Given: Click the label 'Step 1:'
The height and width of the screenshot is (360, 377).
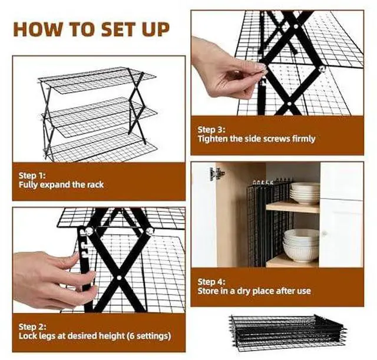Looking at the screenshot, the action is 32,176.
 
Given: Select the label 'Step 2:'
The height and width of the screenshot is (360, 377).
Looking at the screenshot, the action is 33,326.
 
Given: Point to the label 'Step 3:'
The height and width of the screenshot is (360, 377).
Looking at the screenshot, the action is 211,130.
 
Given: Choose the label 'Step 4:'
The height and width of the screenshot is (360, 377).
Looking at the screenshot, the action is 211,282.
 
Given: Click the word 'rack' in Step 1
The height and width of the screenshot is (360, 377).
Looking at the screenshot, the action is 95,184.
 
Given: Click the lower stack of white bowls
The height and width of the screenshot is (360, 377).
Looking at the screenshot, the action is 301,246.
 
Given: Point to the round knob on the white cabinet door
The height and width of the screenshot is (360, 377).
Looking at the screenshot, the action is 324,233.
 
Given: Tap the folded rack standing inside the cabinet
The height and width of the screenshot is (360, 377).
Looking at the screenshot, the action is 269,224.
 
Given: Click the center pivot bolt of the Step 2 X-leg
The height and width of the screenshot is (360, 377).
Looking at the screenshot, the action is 119,278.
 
